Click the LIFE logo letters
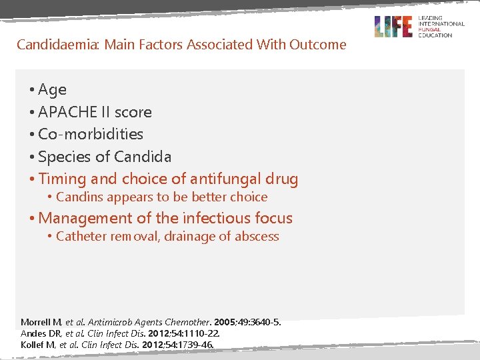(x=393, y=27)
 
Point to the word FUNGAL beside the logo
(x=431, y=29)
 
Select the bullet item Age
(x=52, y=89)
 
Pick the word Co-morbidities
(x=91, y=134)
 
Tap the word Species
(x=63, y=157)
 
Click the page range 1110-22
(x=199, y=333)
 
